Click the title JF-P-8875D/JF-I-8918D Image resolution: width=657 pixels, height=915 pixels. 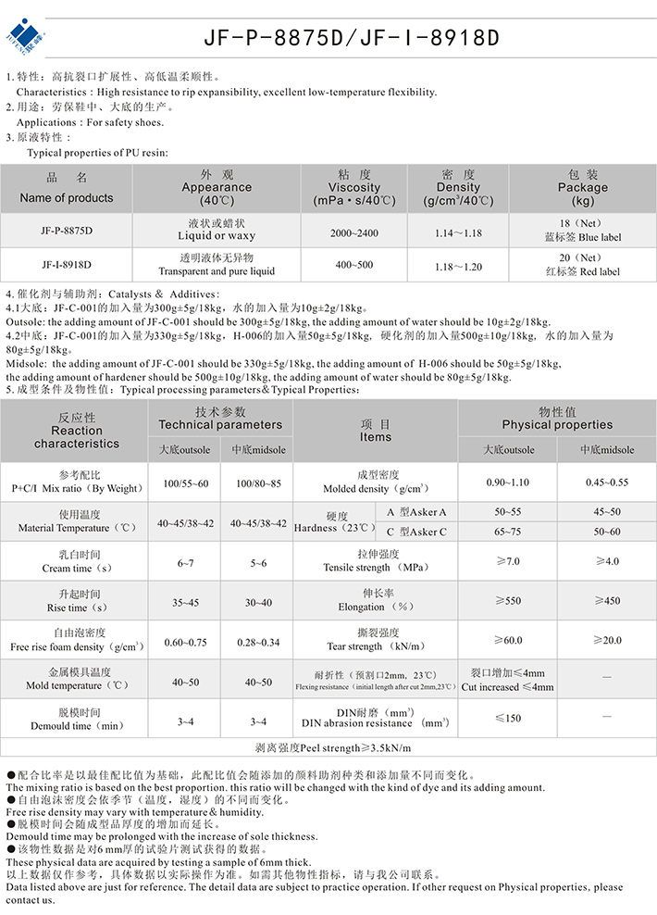[x=352, y=38]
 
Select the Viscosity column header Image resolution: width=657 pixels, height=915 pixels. [x=354, y=187]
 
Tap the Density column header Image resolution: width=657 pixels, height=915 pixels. [x=459, y=187]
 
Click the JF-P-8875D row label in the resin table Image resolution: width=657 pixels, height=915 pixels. [x=66, y=231]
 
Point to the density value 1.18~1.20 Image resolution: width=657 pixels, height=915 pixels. [x=459, y=266]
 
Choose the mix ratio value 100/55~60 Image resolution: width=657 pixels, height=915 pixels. [x=185, y=483]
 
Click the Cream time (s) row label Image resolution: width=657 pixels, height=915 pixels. [x=77, y=562]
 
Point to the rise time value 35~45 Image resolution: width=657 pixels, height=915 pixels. [x=185, y=602]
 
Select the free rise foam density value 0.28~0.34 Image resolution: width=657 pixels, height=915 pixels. [x=258, y=642]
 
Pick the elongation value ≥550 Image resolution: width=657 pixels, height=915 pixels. [x=508, y=601]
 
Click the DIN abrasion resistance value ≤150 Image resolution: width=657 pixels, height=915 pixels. [x=508, y=718]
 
